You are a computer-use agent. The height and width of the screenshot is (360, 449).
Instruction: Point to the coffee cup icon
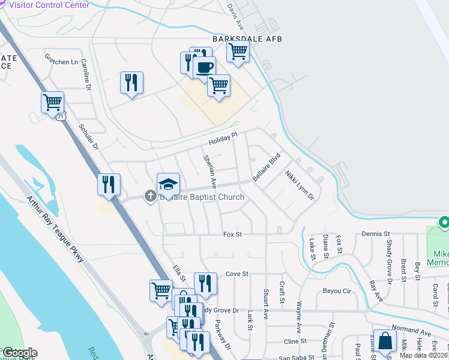(204, 67)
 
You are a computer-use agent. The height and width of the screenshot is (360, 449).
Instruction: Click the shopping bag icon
(385, 340)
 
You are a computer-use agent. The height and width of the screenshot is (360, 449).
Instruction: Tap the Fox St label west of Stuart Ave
(232, 234)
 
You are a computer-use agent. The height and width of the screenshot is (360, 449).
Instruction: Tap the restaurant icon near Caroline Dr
(131, 83)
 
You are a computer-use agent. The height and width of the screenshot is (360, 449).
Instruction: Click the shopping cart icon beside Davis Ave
(238, 51)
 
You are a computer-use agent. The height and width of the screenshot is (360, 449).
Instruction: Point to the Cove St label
(237, 274)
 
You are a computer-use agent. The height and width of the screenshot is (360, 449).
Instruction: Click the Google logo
(19, 353)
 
